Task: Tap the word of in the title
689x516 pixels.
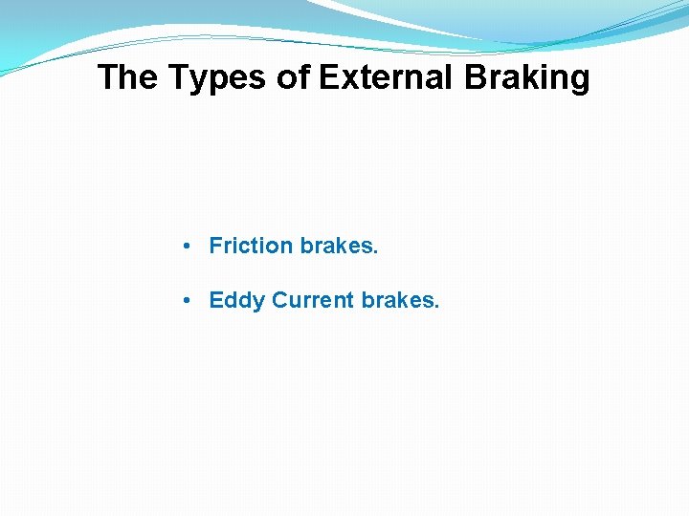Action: tap(294, 77)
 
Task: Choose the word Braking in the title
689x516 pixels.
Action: tap(527, 77)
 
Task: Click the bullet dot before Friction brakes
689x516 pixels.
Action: tap(191, 247)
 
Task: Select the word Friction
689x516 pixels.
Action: tap(251, 246)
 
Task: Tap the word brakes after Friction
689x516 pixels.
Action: tap(337, 246)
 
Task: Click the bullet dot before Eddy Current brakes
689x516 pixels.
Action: tap(191, 301)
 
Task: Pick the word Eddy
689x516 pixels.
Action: tap(236, 301)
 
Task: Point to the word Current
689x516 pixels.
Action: tap(313, 300)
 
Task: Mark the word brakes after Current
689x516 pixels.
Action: tap(398, 300)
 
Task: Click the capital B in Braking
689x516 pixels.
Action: tap(476, 77)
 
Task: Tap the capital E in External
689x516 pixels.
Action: tap(327, 77)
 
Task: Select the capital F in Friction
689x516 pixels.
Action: tap(215, 246)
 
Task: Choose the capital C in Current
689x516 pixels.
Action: tap(279, 300)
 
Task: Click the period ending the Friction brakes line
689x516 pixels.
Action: tap(376, 253)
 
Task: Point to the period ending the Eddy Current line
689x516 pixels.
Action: tap(437, 308)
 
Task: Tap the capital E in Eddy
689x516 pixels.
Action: tap(216, 300)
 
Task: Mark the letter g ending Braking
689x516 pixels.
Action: tap(579, 80)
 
